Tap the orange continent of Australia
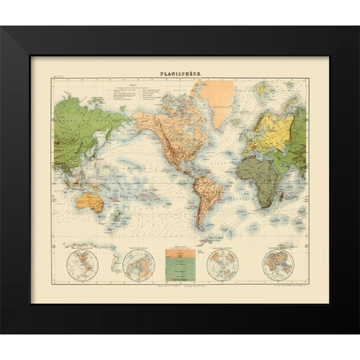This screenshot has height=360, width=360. (92, 202)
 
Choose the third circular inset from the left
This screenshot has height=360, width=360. (222, 264)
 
